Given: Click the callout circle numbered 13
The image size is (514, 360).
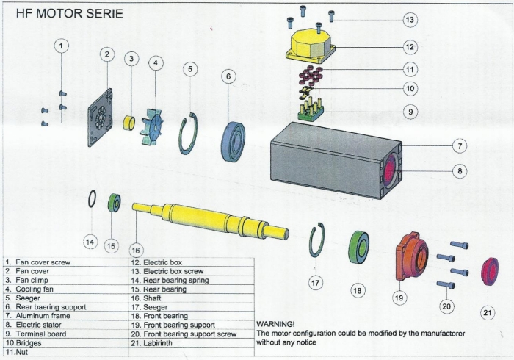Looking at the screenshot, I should (410, 19).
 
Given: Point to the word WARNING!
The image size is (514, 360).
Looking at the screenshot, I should (275, 323).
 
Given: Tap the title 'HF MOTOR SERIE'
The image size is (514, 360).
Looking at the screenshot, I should (65, 14).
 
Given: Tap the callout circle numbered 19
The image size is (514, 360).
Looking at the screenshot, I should (399, 298).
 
